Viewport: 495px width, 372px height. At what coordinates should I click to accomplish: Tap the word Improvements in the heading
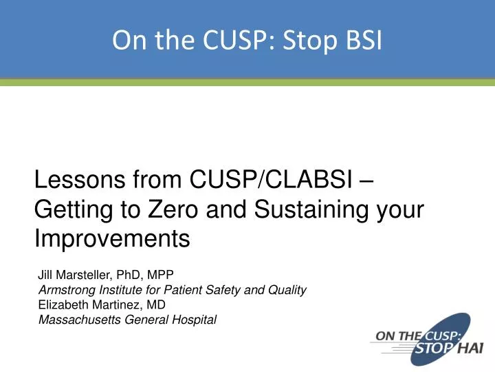coord(111,239)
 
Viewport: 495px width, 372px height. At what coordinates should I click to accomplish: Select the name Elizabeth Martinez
coord(91,304)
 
